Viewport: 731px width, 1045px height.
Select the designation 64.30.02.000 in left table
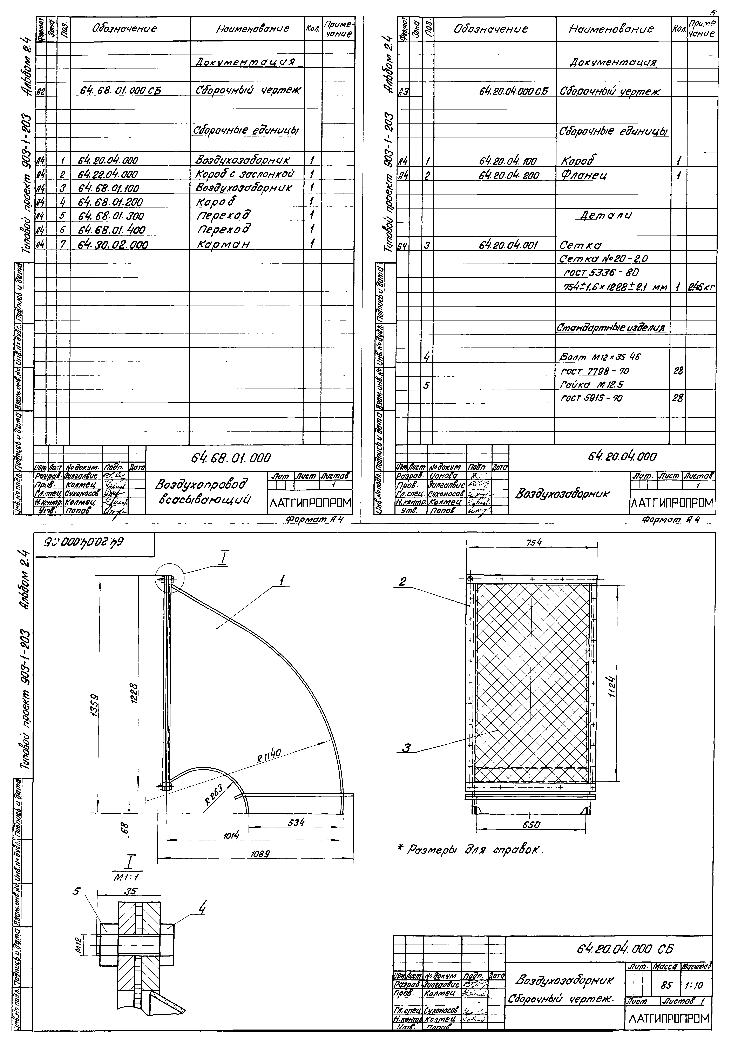point(113,245)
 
